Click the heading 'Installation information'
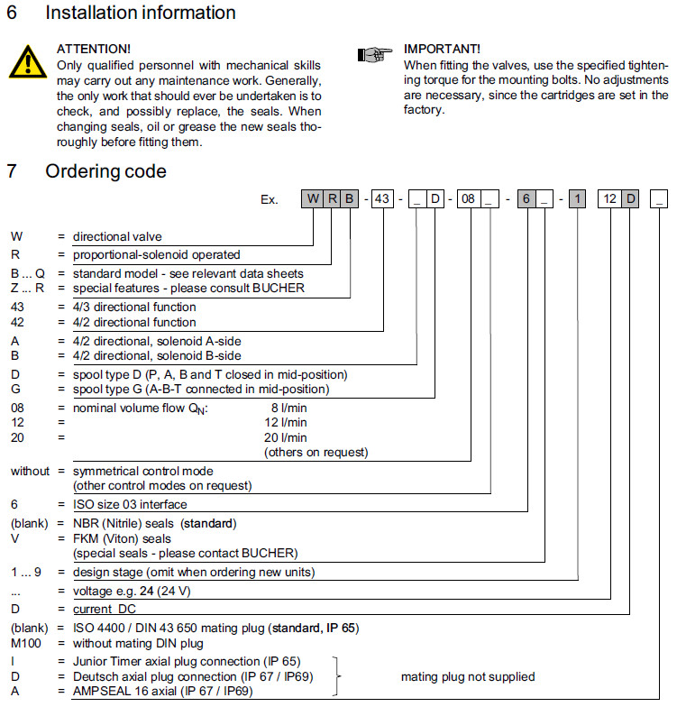[140, 14]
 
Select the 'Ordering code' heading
[105, 171]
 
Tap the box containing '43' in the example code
[381, 199]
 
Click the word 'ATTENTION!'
[93, 48]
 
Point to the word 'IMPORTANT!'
[442, 48]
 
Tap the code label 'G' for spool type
[15, 389]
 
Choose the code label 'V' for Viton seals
[15, 537]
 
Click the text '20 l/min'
[288, 437]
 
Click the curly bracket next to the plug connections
[340, 675]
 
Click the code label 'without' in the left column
[30, 471]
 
